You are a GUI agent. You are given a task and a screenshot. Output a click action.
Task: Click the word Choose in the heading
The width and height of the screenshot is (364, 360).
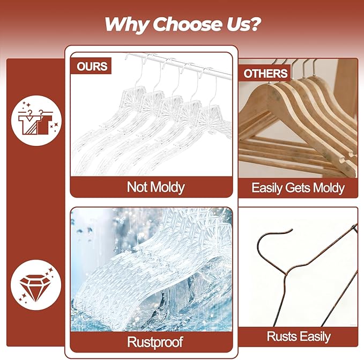click(187, 24)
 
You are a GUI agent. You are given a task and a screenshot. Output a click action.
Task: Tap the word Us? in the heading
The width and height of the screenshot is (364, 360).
click(243, 24)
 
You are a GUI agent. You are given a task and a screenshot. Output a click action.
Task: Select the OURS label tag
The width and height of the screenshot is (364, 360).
click(91, 66)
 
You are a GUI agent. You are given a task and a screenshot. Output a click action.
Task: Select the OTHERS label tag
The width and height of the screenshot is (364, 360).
click(265, 74)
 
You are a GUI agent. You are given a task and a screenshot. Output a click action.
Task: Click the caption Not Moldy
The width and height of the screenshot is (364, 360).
click(156, 187)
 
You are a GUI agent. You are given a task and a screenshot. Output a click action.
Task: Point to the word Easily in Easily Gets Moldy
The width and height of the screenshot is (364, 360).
click(267, 188)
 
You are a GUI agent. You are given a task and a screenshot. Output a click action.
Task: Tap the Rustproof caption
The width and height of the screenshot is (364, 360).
click(155, 342)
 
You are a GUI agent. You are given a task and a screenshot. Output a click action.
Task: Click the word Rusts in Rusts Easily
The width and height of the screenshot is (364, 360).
click(281, 336)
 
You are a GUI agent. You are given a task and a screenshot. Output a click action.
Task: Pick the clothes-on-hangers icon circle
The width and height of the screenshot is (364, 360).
click(36, 121)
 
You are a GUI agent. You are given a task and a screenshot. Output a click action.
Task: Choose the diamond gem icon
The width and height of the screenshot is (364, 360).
click(35, 288)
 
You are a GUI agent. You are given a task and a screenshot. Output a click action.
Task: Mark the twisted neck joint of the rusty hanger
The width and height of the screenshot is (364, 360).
click(286, 274)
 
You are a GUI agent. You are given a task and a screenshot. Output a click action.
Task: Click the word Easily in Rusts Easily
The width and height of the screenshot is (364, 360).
click(314, 336)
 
